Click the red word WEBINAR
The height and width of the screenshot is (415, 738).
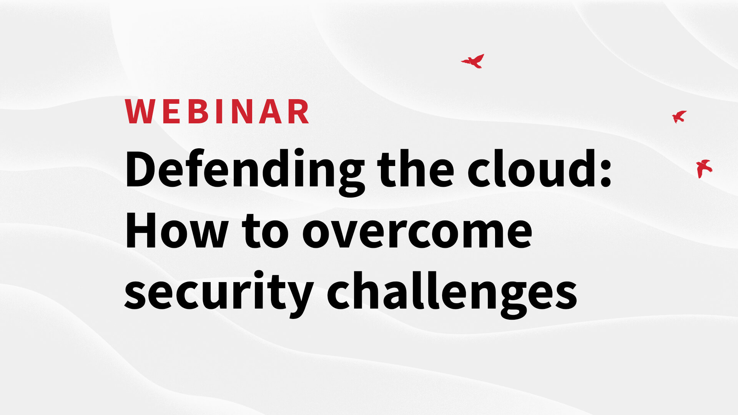(217, 111)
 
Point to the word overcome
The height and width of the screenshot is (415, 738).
(417, 232)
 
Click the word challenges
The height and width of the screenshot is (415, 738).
(452, 293)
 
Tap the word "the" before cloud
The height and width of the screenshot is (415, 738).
(416, 168)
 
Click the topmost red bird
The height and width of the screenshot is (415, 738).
(473, 61)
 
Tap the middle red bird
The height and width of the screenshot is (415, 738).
(679, 116)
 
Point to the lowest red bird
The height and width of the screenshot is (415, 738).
(704, 168)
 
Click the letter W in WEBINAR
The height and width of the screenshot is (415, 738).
(139, 111)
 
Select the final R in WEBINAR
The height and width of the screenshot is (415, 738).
(299, 111)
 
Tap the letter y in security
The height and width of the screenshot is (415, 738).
(299, 297)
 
